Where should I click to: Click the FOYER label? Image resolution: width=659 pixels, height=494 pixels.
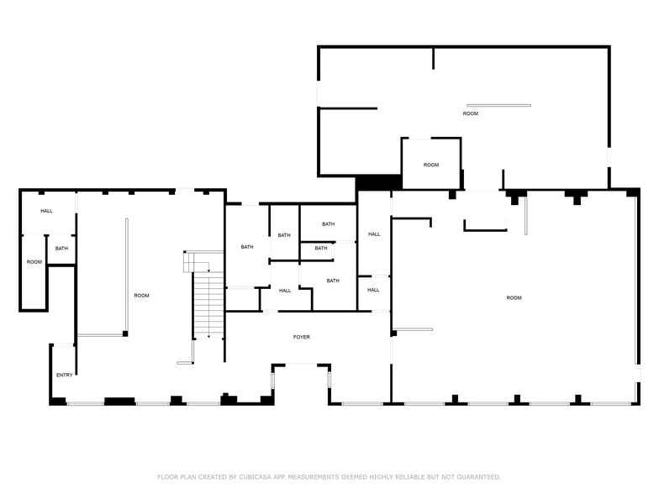[301, 337]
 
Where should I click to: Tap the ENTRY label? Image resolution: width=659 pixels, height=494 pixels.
[64, 375]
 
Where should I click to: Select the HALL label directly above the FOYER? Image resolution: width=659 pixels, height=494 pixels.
[285, 291]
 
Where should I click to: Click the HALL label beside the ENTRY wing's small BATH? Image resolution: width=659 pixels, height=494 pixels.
[46, 211]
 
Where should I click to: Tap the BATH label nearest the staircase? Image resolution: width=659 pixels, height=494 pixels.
[247, 247]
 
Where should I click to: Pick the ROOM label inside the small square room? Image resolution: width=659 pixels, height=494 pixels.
[430, 165]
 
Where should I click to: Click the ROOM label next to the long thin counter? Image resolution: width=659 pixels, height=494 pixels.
[470, 113]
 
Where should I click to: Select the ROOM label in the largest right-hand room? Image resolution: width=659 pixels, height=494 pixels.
[514, 297]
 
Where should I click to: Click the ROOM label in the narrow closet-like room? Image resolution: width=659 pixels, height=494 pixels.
[34, 262]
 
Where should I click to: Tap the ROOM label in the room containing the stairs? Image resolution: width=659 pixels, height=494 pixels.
[141, 295]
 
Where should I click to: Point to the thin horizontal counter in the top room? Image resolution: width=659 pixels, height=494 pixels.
[498, 105]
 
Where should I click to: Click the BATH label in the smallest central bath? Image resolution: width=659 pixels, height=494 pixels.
[321, 248]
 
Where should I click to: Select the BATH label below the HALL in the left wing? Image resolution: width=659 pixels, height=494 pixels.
[61, 249]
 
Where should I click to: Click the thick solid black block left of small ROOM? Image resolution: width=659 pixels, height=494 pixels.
[378, 181]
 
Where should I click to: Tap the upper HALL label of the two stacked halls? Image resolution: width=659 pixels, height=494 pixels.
[374, 234]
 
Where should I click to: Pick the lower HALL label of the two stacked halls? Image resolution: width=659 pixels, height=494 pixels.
[373, 290]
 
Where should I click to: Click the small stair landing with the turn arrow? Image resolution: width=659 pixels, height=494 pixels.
[203, 261]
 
